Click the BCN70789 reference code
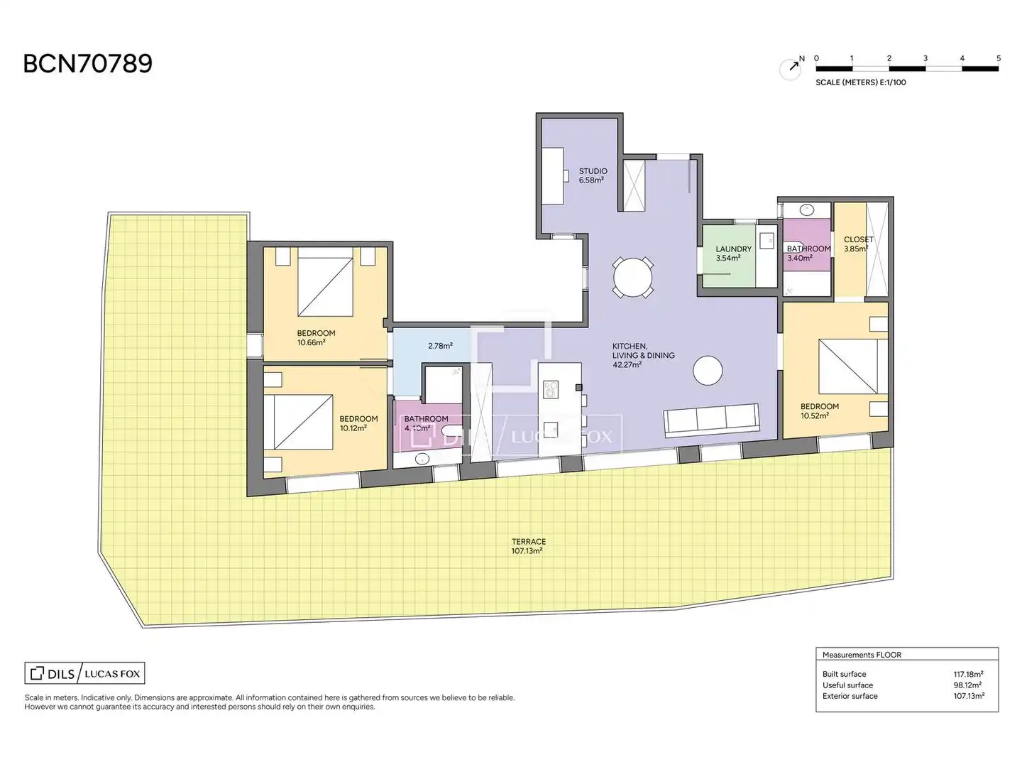(87, 63)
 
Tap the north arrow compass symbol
(791, 68)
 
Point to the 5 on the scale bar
(999, 58)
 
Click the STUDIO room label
(593, 171)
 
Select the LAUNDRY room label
(733, 249)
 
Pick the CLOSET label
(858, 239)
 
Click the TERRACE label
(529, 542)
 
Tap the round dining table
(632, 278)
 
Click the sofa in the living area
(711, 420)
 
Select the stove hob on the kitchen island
(550, 390)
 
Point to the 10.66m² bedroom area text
(311, 342)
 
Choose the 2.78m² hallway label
(440, 346)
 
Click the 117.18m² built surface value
(968, 674)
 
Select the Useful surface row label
(847, 685)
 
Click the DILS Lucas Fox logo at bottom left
(84, 673)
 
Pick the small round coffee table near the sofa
(708, 371)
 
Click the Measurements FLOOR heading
(862, 655)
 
